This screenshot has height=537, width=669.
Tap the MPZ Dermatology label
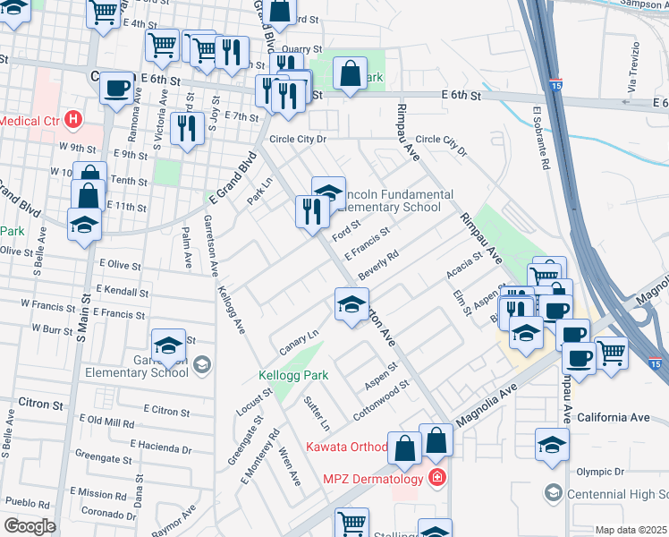click(371, 479)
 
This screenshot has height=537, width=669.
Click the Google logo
click(30, 526)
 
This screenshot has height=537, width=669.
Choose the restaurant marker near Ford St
click(311, 212)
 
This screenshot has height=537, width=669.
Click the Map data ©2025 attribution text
click(631, 530)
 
